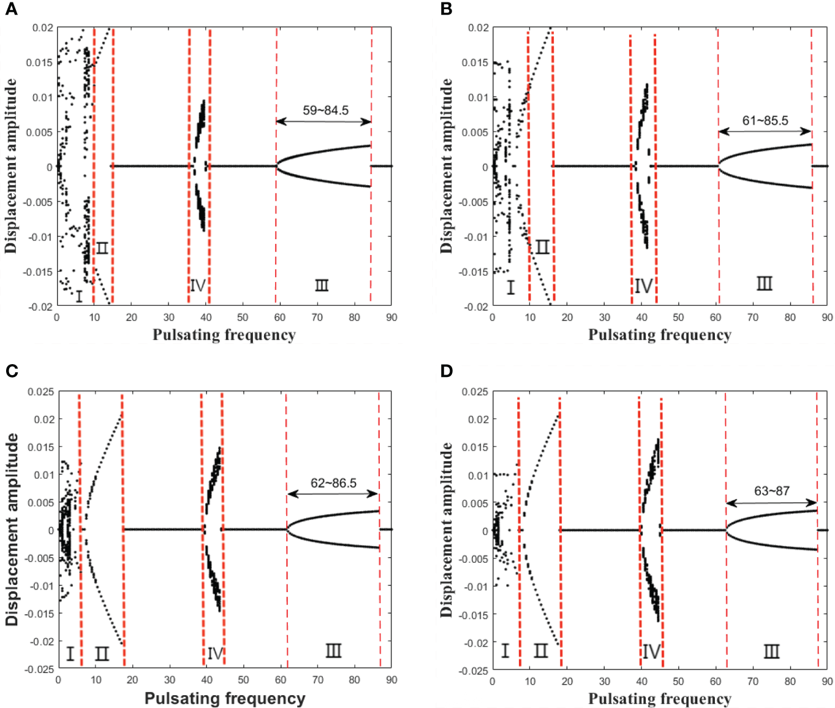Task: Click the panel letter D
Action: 447,371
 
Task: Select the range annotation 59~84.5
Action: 325,110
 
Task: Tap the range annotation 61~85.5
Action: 765,121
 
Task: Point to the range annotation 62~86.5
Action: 333,483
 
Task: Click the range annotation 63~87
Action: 771,491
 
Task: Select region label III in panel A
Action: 322,285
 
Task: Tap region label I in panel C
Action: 70,653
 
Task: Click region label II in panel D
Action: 540,650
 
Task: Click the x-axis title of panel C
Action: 225,698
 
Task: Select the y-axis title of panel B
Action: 447,166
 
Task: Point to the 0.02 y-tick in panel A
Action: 43,28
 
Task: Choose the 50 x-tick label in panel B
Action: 678,318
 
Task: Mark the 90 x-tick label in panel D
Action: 827,681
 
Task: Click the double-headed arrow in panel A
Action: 323,121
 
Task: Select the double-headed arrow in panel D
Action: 771,503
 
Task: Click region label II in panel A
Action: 102,248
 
